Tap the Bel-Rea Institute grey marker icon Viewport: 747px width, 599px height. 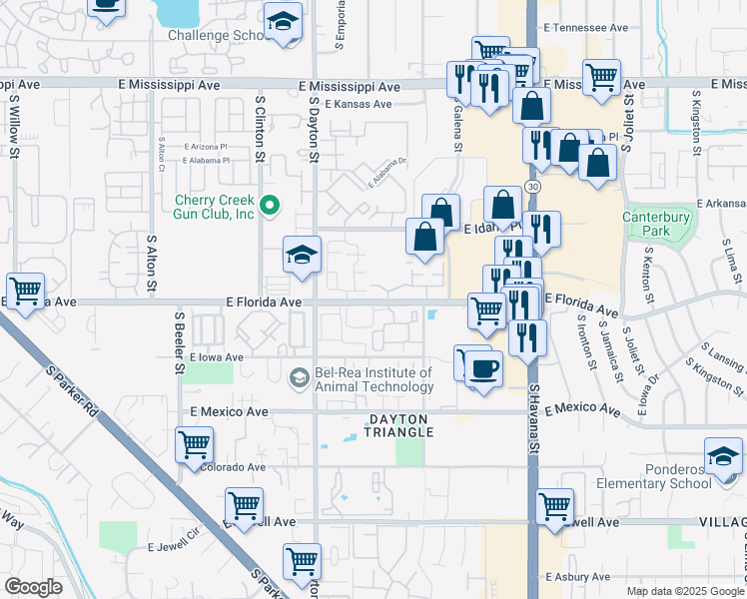point(298,378)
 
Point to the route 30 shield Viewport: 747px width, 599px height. point(535,187)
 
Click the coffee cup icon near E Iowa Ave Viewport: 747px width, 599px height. point(484,369)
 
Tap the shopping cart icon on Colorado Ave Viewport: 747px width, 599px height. point(194,444)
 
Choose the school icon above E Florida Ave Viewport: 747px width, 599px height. point(301,256)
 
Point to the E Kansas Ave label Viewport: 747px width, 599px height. point(357,104)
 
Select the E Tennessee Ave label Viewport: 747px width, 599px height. point(585,28)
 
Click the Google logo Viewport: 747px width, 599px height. point(34,587)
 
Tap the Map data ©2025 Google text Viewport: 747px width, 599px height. point(683,591)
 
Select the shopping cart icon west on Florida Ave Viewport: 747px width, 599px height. point(25,291)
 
